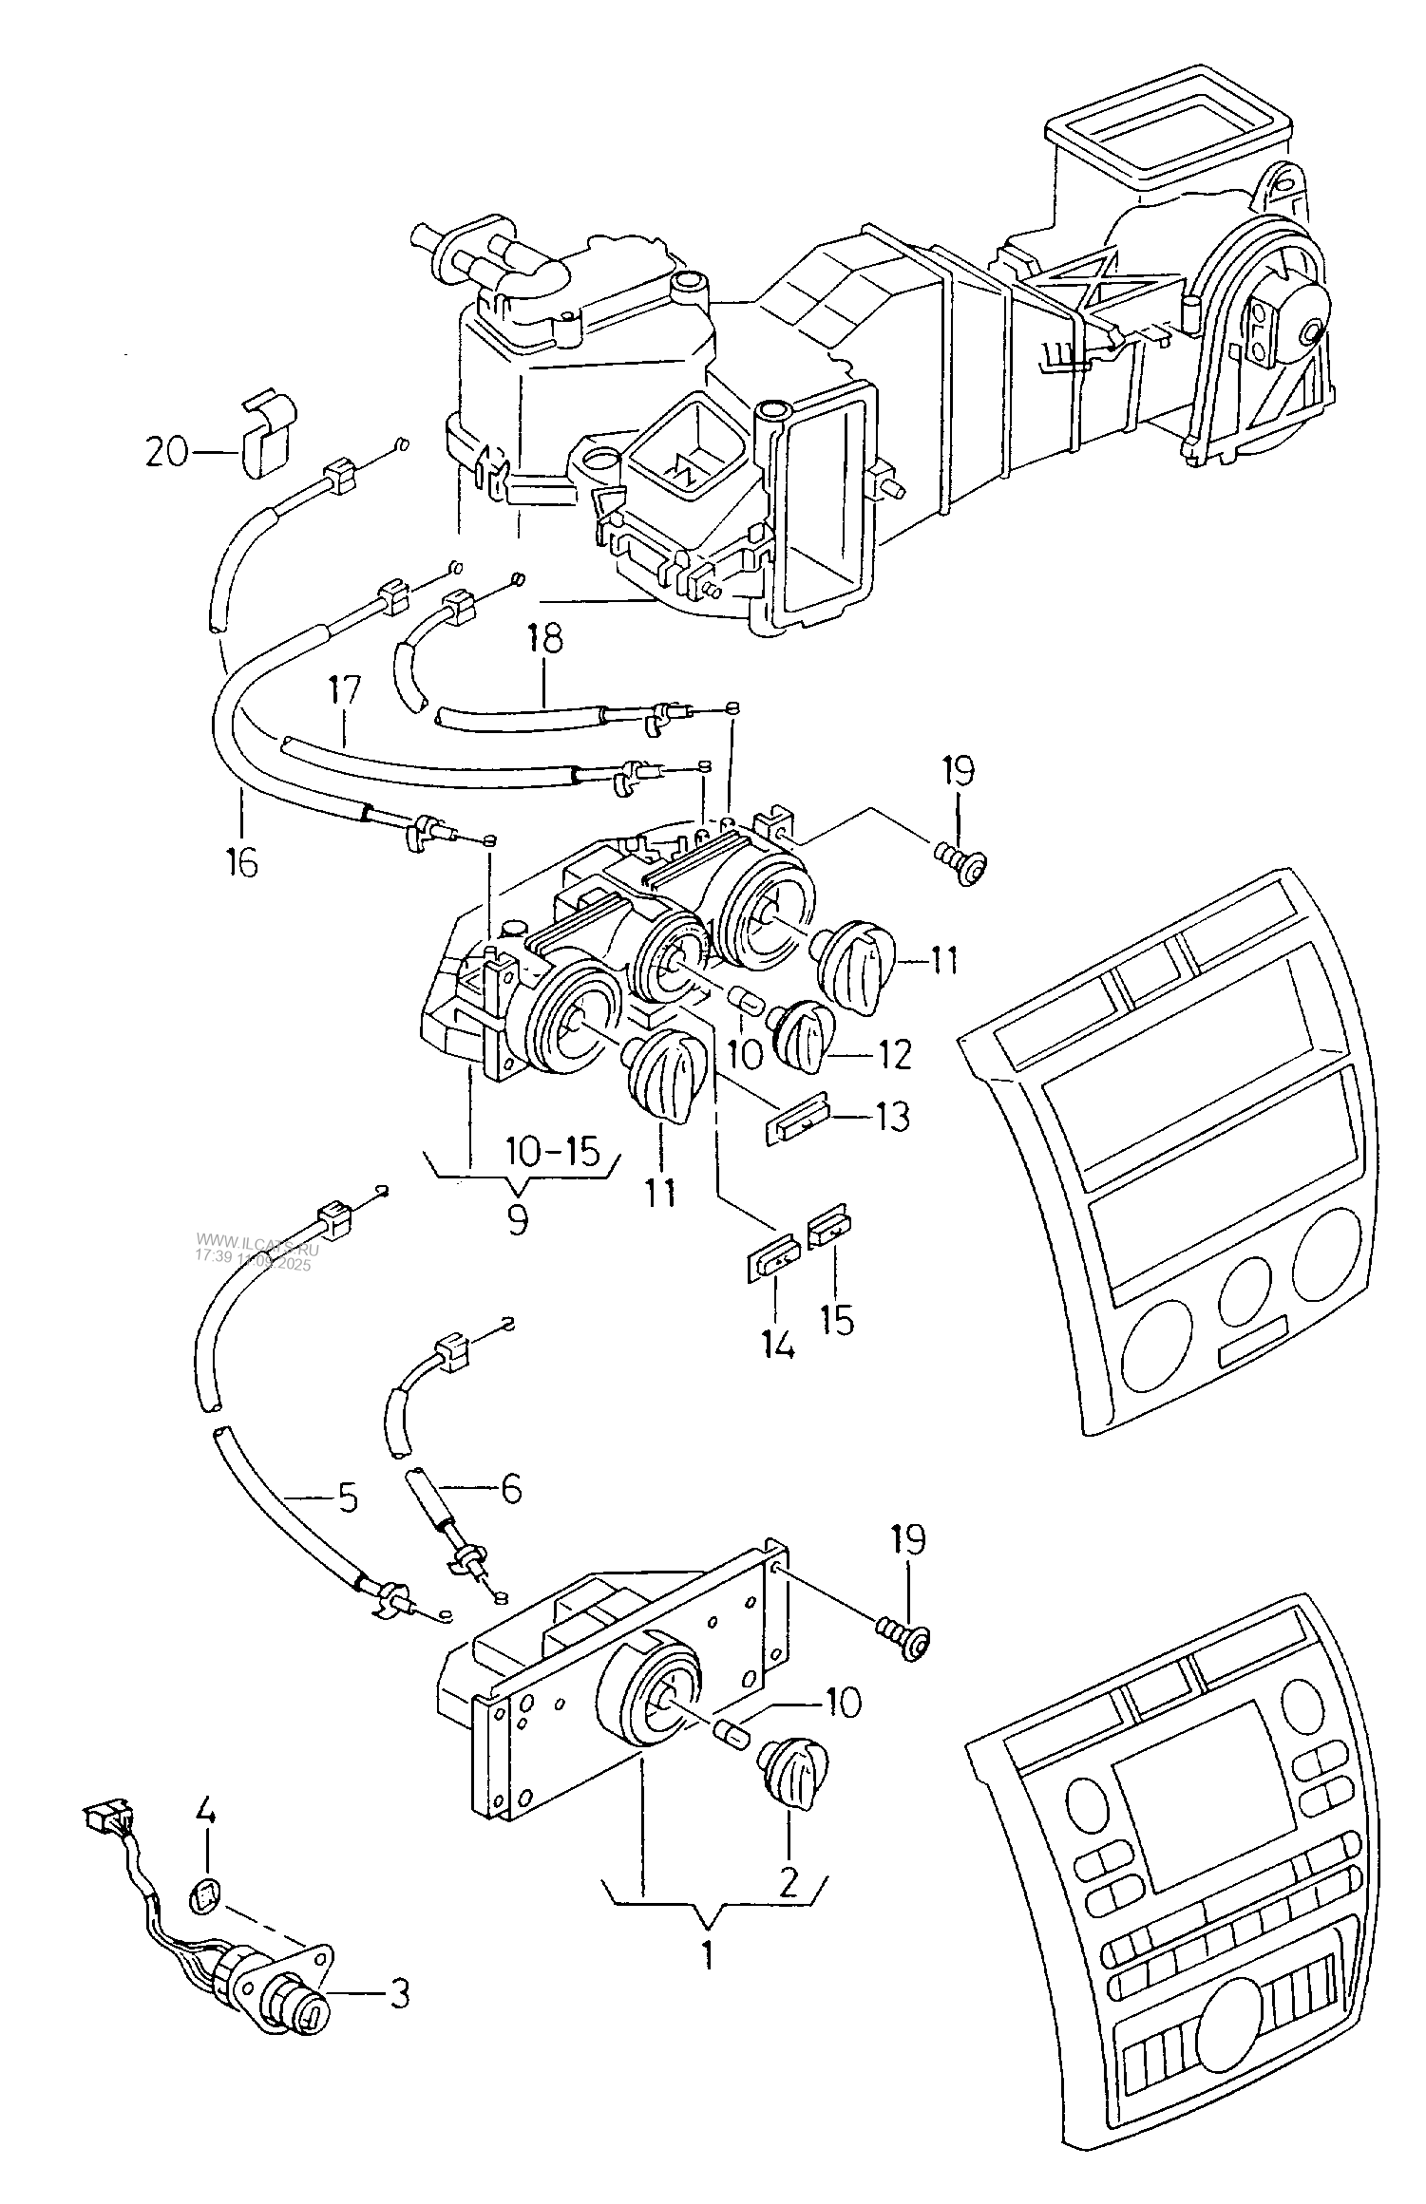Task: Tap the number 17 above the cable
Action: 345,690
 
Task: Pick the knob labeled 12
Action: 804,1034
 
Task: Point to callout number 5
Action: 348,1498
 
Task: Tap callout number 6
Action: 511,1490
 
